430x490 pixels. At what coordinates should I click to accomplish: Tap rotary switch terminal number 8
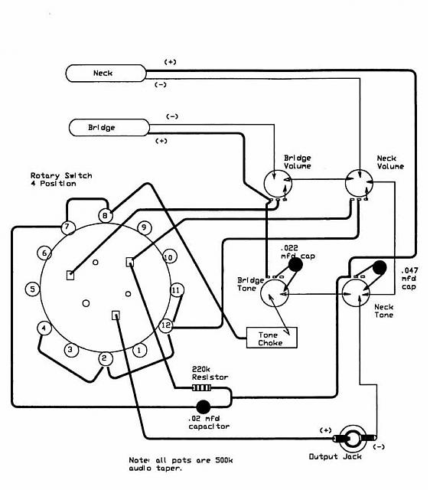pyautogui.click(x=106, y=216)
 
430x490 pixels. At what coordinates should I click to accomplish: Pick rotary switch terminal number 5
pyautogui.click(x=32, y=289)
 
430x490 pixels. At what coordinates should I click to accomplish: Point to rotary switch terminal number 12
pyautogui.click(x=166, y=325)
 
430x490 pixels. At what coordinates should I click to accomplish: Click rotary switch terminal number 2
pyautogui.click(x=104, y=358)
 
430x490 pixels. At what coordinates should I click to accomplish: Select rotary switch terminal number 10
pyautogui.click(x=169, y=257)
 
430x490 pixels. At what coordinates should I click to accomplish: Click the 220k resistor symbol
pyautogui.click(x=201, y=388)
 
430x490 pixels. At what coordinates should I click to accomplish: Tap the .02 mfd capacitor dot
pyautogui.click(x=204, y=407)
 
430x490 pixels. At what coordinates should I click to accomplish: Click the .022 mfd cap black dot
pyautogui.click(x=295, y=265)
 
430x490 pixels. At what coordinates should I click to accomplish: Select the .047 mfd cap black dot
pyautogui.click(x=380, y=268)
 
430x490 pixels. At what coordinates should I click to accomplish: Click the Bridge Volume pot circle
pyautogui.click(x=278, y=184)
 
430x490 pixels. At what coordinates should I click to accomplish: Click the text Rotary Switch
pyautogui.click(x=61, y=175)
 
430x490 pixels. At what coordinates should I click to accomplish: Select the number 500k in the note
pyautogui.click(x=223, y=460)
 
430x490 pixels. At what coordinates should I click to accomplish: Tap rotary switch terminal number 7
pyautogui.click(x=67, y=227)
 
